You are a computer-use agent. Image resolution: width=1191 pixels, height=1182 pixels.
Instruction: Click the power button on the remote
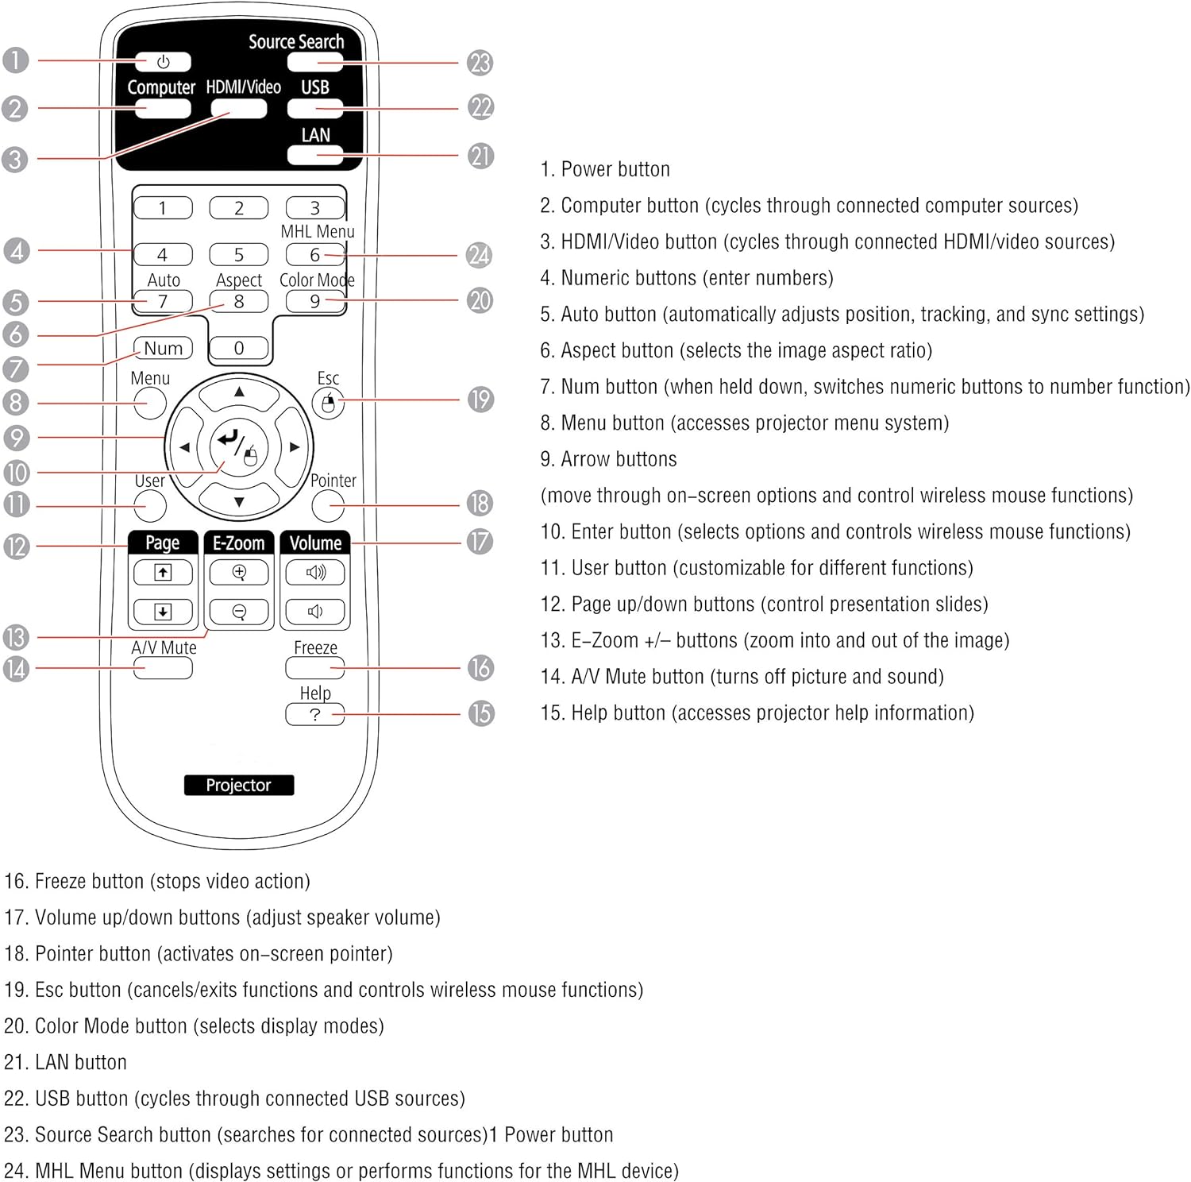(x=163, y=61)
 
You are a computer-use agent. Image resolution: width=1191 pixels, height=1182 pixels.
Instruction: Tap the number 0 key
(x=239, y=348)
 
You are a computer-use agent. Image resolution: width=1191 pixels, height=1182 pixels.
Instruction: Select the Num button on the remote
(x=164, y=348)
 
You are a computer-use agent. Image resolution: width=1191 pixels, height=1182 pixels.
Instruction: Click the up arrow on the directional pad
(x=239, y=392)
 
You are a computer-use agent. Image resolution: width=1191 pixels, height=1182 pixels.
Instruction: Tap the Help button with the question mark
(x=314, y=714)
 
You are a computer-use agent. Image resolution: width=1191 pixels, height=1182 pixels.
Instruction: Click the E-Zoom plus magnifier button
(x=239, y=572)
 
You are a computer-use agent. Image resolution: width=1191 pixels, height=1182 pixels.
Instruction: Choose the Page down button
(x=163, y=611)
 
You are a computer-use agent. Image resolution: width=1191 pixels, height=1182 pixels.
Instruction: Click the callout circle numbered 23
(x=480, y=63)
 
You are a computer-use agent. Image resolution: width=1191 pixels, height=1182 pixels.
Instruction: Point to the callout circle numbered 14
(x=16, y=669)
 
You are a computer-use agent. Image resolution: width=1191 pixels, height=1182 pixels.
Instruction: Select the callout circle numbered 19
(x=480, y=400)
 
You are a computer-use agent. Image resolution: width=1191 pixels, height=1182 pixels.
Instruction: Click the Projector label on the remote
(x=238, y=785)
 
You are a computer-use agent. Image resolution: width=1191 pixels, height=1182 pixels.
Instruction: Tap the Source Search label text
(x=296, y=41)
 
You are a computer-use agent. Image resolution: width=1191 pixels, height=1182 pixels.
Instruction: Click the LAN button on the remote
(x=314, y=155)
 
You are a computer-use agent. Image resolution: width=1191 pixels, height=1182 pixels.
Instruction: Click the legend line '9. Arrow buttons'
(x=609, y=459)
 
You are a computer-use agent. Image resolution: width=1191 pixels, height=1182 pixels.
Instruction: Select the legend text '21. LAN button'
(x=66, y=1062)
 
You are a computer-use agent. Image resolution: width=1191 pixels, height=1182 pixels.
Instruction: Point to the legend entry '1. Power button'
(x=605, y=169)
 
